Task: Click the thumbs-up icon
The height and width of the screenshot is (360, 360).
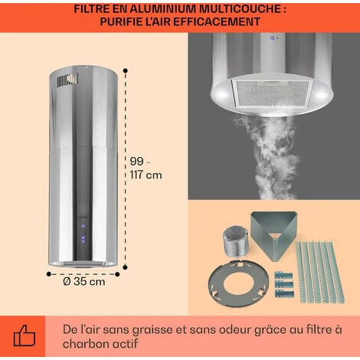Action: click(25, 335)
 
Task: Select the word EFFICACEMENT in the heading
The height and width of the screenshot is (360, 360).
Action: click(217, 21)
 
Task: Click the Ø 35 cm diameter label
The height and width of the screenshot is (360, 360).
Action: click(84, 282)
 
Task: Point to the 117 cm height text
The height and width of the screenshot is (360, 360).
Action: click(146, 175)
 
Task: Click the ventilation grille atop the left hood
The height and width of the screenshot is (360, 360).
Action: click(67, 80)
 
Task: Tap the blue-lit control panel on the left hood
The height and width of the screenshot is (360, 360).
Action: click(83, 234)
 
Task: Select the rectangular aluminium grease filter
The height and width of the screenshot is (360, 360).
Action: click(272, 93)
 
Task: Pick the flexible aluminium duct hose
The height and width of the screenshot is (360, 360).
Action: click(234, 241)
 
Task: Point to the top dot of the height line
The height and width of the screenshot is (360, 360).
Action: click(125, 70)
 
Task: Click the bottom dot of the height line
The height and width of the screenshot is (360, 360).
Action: click(125, 267)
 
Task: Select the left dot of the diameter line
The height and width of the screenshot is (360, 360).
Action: click(49, 274)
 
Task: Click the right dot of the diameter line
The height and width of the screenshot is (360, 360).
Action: click(117, 274)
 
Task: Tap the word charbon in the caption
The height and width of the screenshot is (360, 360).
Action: click(87, 344)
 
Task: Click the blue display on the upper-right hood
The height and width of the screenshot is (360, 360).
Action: click(273, 38)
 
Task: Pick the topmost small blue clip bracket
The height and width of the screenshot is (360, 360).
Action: click(283, 276)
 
